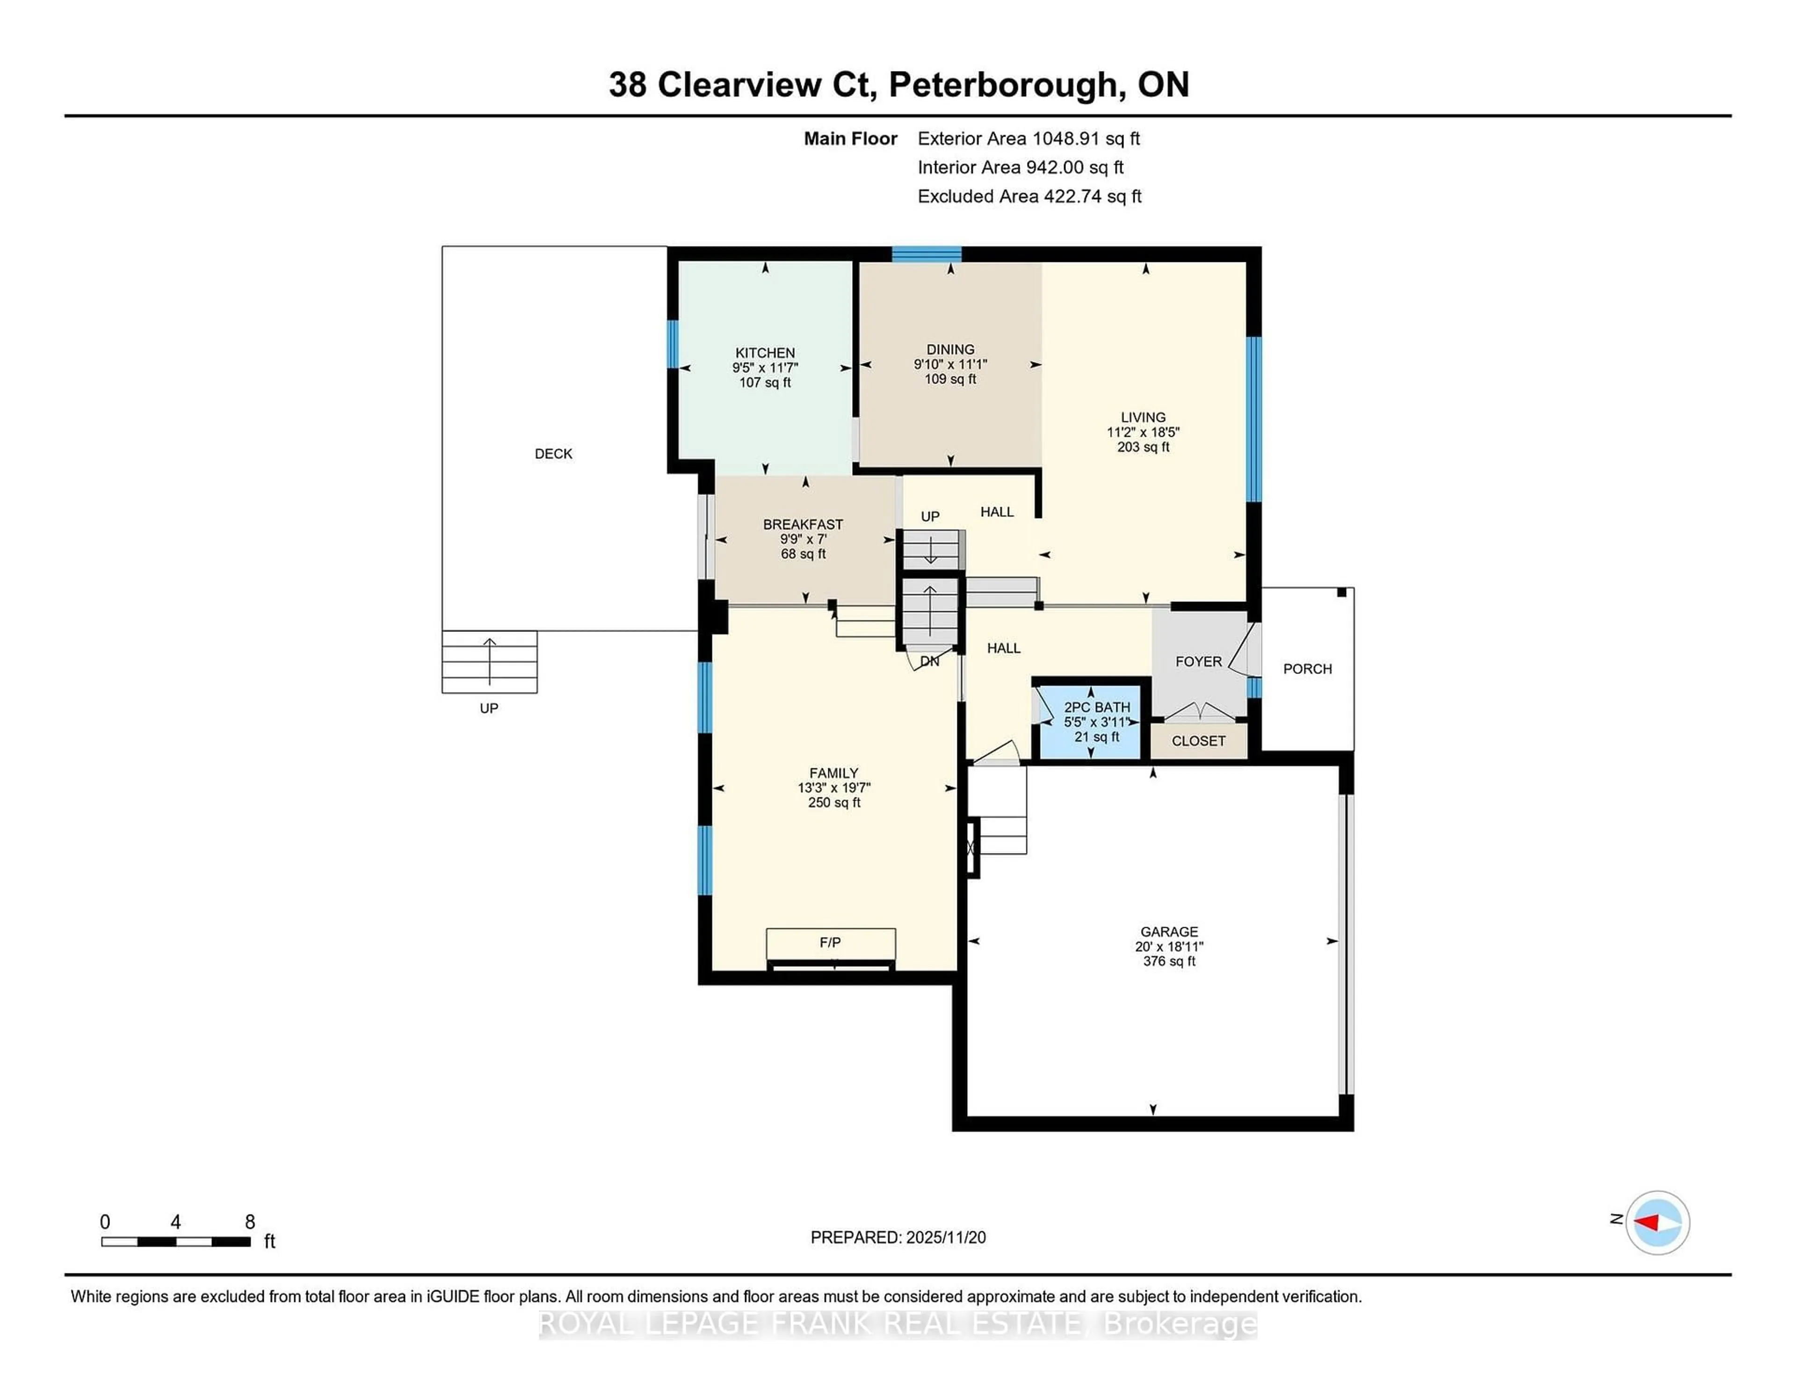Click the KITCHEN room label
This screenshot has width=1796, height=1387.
pos(765,353)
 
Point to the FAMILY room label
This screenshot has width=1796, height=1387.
pos(834,773)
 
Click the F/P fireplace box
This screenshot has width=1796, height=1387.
pos(831,943)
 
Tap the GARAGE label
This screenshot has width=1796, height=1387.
pos(1168,932)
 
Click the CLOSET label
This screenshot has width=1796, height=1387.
pos(1198,741)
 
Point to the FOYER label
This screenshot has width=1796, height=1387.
pos(1198,662)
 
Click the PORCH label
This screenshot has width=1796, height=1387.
pos(1307,669)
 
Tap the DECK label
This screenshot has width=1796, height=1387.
pos(553,454)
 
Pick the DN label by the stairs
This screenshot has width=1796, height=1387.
pos(929,661)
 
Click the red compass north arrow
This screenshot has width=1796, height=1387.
pos(1647,1222)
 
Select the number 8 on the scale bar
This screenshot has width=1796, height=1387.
pos(250,1222)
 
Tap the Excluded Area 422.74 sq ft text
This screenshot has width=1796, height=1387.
pos(1029,196)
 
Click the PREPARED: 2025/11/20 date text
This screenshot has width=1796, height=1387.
pos(898,1237)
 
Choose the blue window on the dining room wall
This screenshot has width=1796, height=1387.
pos(927,253)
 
